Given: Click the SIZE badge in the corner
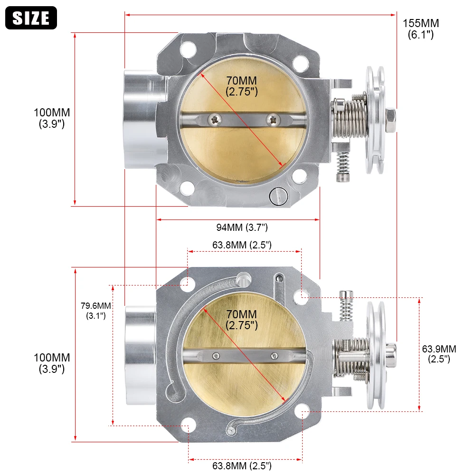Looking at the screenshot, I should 31,18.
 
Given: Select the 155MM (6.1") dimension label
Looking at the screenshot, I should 420,28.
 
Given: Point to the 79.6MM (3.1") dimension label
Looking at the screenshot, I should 95,310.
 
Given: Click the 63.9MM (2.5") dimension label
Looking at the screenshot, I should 439,354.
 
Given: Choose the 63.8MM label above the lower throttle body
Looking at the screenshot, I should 242,245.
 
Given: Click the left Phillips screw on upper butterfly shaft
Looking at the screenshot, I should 217,118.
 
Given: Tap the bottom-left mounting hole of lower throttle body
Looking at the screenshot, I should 189,427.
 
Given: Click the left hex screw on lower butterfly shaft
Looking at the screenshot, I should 217,355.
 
